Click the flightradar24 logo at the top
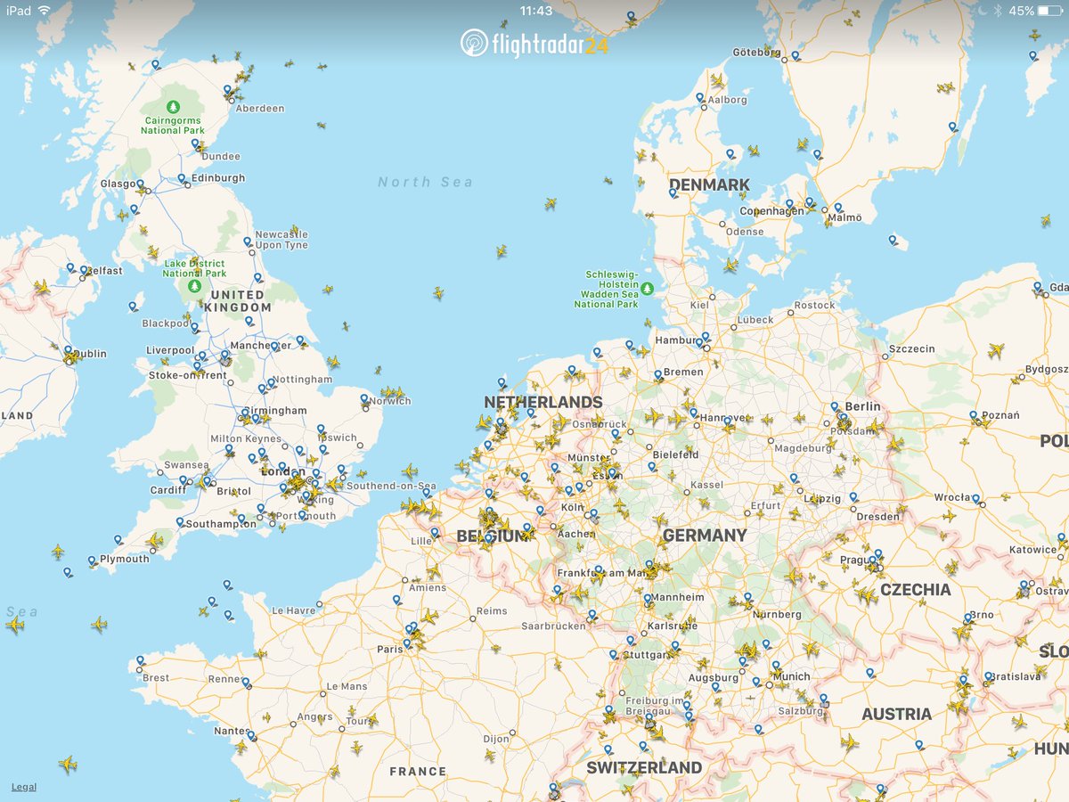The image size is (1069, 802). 534,42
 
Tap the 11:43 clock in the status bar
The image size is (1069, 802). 534,11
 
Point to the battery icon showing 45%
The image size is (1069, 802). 1049,11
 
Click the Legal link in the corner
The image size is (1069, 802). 24,787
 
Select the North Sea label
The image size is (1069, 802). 425,182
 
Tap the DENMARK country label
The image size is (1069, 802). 709,184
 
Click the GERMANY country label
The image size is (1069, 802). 704,535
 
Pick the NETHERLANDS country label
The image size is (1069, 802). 543,402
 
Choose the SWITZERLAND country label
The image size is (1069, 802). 644,767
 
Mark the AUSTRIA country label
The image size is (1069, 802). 896,714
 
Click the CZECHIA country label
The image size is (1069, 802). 915,589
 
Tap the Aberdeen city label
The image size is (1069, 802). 260,109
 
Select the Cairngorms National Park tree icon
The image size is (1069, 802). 173,106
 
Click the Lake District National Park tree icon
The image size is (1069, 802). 194,287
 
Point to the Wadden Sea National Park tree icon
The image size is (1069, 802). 648,288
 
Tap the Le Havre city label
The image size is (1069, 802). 294,610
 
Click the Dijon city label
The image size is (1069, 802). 496,739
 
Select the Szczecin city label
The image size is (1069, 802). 912,349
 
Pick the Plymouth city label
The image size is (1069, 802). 125,559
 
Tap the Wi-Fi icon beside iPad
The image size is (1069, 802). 45,11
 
